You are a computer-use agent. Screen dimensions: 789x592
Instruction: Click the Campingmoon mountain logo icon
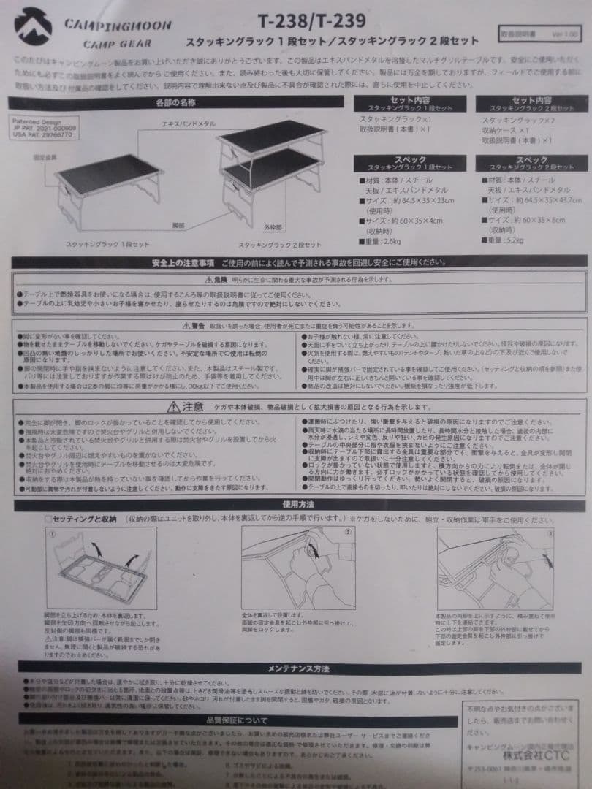click(x=33, y=26)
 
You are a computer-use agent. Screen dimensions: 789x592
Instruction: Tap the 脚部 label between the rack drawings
click(x=178, y=226)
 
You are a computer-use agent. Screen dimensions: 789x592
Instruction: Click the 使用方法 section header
click(x=298, y=503)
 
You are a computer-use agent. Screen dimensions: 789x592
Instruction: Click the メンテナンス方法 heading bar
click(x=298, y=668)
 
